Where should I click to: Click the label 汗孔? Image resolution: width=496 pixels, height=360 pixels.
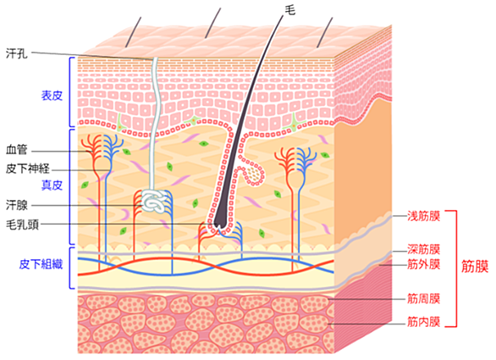coord(17,53)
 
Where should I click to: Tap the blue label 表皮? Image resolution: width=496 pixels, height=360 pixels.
coord(52,96)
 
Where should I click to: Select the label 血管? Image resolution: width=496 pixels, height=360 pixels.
coord(17,149)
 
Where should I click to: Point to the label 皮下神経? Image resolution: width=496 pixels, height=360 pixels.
coord(28,169)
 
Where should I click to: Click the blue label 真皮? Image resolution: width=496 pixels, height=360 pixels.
coord(52,186)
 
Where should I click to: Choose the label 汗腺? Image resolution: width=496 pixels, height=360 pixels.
coord(17,205)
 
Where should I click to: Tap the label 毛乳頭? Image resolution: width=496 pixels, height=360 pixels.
coord(22,224)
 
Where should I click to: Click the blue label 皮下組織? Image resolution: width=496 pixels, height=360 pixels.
coord(41,264)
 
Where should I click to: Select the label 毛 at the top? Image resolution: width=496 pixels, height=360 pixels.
coord(290,10)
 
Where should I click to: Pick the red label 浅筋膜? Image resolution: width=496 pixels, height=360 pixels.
coord(423,216)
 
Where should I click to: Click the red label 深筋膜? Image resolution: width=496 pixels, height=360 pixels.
coord(423,250)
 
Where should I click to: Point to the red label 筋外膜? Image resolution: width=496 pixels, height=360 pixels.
coord(423,264)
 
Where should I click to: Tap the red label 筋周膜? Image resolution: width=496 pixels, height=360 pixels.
coord(423,298)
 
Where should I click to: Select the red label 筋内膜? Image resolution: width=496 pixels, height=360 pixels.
coord(423,322)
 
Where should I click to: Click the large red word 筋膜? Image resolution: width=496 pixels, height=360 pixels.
coord(475,266)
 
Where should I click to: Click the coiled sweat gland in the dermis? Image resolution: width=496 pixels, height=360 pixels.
coord(153,202)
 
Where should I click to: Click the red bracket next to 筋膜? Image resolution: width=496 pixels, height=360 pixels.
coord(456,269)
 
